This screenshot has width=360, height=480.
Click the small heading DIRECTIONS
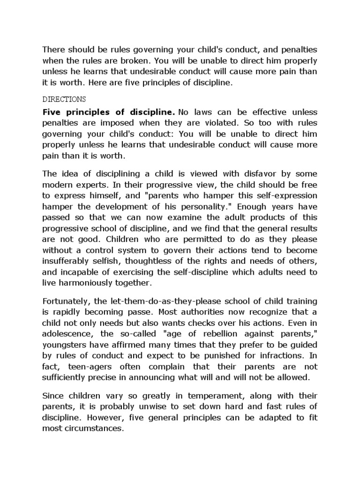click(x=64, y=99)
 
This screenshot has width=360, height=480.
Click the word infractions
click(x=282, y=356)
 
